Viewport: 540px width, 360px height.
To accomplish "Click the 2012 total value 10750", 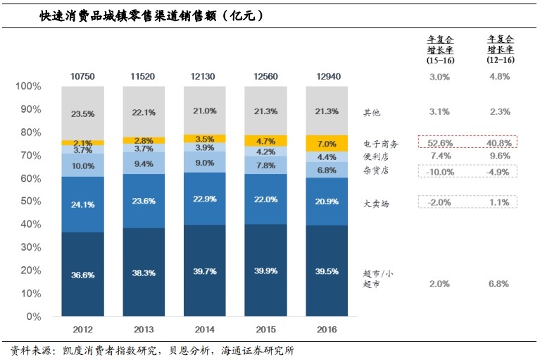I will click(x=82, y=75).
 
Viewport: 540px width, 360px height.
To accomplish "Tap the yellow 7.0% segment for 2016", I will click(x=326, y=144).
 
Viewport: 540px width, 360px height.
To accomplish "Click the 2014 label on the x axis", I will click(x=204, y=329).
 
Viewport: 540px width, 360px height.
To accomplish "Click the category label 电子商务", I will click(x=381, y=144).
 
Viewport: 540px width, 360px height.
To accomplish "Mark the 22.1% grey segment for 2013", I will click(x=143, y=112).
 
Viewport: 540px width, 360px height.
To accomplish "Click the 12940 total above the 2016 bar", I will click(x=326, y=75).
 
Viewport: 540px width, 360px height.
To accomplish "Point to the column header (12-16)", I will click(x=500, y=61).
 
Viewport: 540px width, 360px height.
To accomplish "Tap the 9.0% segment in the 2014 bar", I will click(x=204, y=163).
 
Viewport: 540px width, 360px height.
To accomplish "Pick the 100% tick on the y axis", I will click(x=27, y=86).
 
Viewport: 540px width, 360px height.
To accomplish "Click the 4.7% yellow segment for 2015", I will click(x=265, y=141).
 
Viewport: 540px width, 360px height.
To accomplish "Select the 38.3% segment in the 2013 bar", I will click(x=143, y=273).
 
